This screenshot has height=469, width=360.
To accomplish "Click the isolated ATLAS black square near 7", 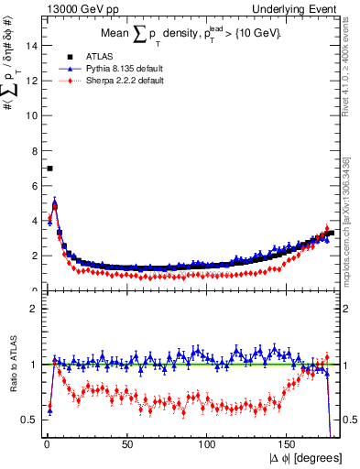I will click(49, 169).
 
